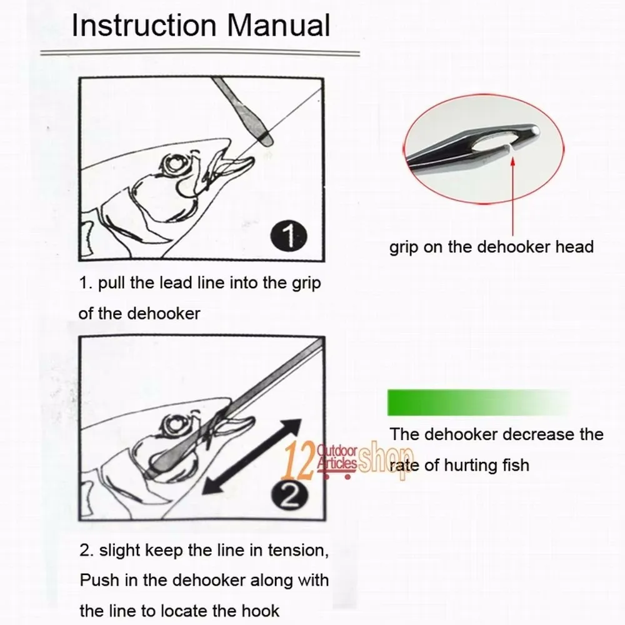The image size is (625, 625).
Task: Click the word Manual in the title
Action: click(279, 26)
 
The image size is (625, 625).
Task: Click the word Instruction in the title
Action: click(144, 26)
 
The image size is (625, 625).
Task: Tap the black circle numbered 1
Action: click(289, 236)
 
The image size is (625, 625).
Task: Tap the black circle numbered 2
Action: click(290, 496)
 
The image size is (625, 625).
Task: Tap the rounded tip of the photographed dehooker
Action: click(535, 130)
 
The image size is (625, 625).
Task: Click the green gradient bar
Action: click(478, 402)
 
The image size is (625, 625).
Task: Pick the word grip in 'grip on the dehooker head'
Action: click(404, 247)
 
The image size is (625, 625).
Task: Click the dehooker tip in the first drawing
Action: click(266, 139)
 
